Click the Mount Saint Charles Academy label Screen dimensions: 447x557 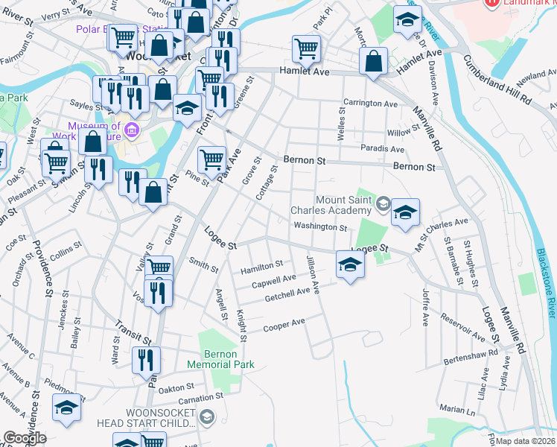click(x=343, y=205)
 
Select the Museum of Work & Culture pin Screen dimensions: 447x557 click(x=133, y=131)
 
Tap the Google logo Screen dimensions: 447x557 click(x=25, y=438)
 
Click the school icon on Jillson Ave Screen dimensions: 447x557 click(x=350, y=264)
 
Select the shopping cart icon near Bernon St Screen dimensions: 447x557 click(x=211, y=159)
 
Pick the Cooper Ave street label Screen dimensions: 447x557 click(x=284, y=325)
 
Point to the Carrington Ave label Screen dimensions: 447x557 click(x=369, y=104)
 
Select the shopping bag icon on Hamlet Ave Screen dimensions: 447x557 click(x=374, y=61)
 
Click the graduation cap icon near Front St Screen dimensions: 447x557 click(x=188, y=107)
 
